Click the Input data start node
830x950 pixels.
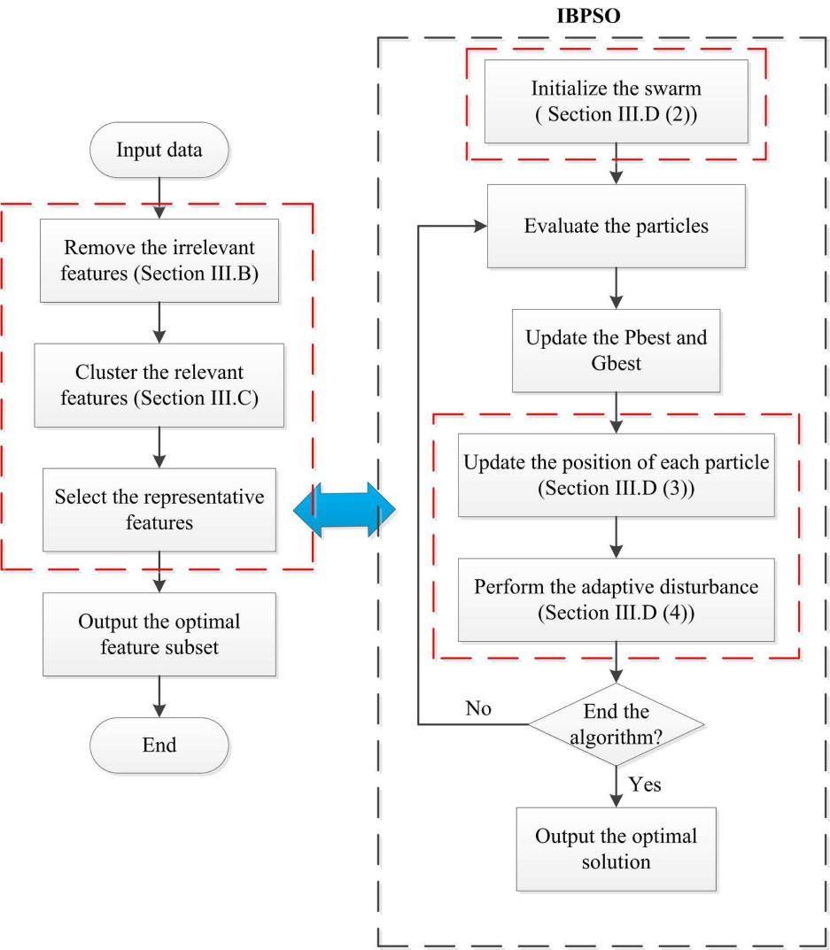pyautogui.click(x=159, y=151)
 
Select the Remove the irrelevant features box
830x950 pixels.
pyautogui.click(x=159, y=259)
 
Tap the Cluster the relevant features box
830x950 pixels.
pyautogui.click(x=159, y=385)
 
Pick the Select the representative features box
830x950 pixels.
pyautogui.click(x=159, y=510)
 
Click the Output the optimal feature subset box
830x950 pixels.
pyautogui.click(x=159, y=635)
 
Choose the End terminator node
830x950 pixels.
pyautogui.click(x=159, y=745)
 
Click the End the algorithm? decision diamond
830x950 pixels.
pyautogui.click(x=617, y=724)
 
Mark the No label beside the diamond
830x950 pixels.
pyautogui.click(x=477, y=708)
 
